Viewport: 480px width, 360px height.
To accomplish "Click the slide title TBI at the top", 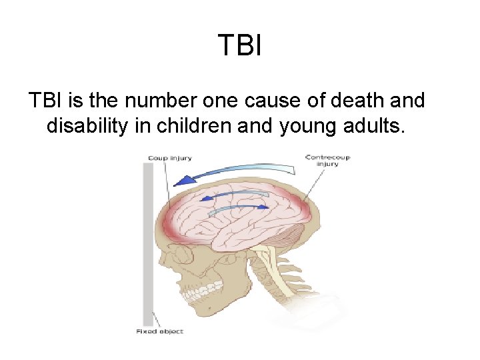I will click(239, 45).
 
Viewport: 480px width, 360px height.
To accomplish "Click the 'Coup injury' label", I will click(169, 158).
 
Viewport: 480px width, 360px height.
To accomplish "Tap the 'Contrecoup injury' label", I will click(327, 161).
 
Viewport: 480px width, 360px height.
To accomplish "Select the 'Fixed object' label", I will click(159, 331).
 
